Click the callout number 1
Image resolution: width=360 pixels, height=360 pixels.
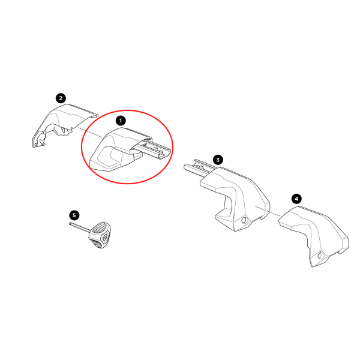pyautogui.click(x=121, y=120)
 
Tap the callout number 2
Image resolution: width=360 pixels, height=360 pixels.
pyautogui.click(x=60, y=97)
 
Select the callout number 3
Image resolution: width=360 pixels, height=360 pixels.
pyautogui.click(x=218, y=160)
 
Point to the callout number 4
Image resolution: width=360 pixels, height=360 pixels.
pyautogui.click(x=295, y=198)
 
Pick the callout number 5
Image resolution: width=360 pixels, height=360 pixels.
pyautogui.click(x=74, y=214)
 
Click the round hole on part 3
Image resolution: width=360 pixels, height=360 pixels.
pyautogui.click(x=243, y=223)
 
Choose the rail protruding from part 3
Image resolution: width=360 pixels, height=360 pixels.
pyautogui.click(x=196, y=169)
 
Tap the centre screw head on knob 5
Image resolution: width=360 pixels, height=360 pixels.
pyautogui.click(x=106, y=238)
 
